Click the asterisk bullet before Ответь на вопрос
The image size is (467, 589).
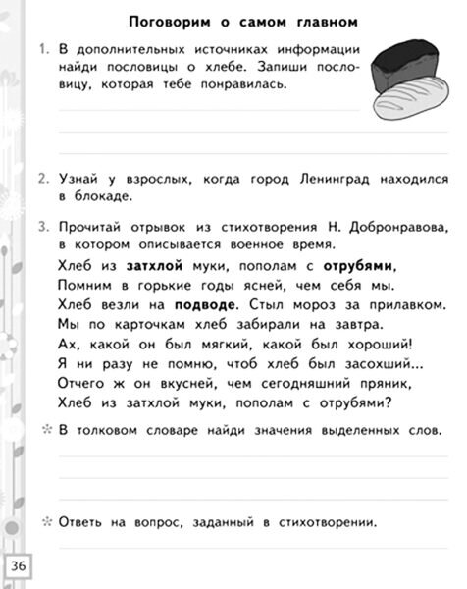tap(45, 521)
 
